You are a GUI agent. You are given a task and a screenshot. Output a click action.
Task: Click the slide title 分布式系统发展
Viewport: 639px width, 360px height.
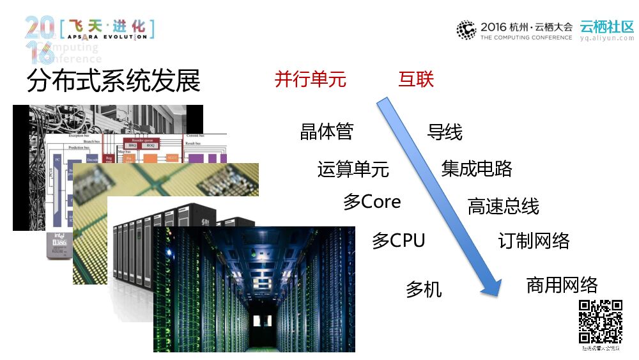coord(114,82)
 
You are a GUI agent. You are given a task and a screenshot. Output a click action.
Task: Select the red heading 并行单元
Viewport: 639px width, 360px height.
coord(310,79)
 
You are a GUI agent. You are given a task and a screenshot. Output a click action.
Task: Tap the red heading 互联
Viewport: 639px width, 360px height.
coord(416,79)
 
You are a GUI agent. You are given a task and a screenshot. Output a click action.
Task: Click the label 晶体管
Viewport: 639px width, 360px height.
coord(327,132)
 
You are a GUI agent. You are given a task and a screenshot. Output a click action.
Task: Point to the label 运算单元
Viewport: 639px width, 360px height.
coord(353,169)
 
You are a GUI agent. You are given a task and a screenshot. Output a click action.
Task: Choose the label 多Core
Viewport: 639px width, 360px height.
coord(372,202)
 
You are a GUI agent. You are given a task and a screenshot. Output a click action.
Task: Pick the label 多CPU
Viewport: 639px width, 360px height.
coord(398,241)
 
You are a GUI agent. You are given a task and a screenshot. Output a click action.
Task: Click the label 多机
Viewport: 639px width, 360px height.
coord(424,289)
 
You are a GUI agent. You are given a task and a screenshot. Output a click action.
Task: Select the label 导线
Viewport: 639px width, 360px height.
coord(444,132)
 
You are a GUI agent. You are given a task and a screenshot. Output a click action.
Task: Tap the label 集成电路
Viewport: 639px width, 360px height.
coord(477,168)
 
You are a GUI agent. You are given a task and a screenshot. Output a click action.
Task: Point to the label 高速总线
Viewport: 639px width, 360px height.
coord(503,207)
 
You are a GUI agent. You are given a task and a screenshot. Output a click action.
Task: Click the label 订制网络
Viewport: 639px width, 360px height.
coord(534,241)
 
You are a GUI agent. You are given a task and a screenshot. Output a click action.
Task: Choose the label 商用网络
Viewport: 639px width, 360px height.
coord(562,285)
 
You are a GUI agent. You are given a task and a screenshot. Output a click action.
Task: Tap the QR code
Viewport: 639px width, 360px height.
coord(600,321)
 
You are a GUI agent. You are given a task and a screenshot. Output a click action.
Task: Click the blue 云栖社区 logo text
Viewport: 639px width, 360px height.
coord(606,27)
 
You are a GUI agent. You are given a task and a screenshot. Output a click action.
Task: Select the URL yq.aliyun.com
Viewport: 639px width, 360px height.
coord(606,38)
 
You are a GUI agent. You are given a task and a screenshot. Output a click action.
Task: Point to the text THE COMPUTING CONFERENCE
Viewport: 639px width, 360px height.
coord(526,38)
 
